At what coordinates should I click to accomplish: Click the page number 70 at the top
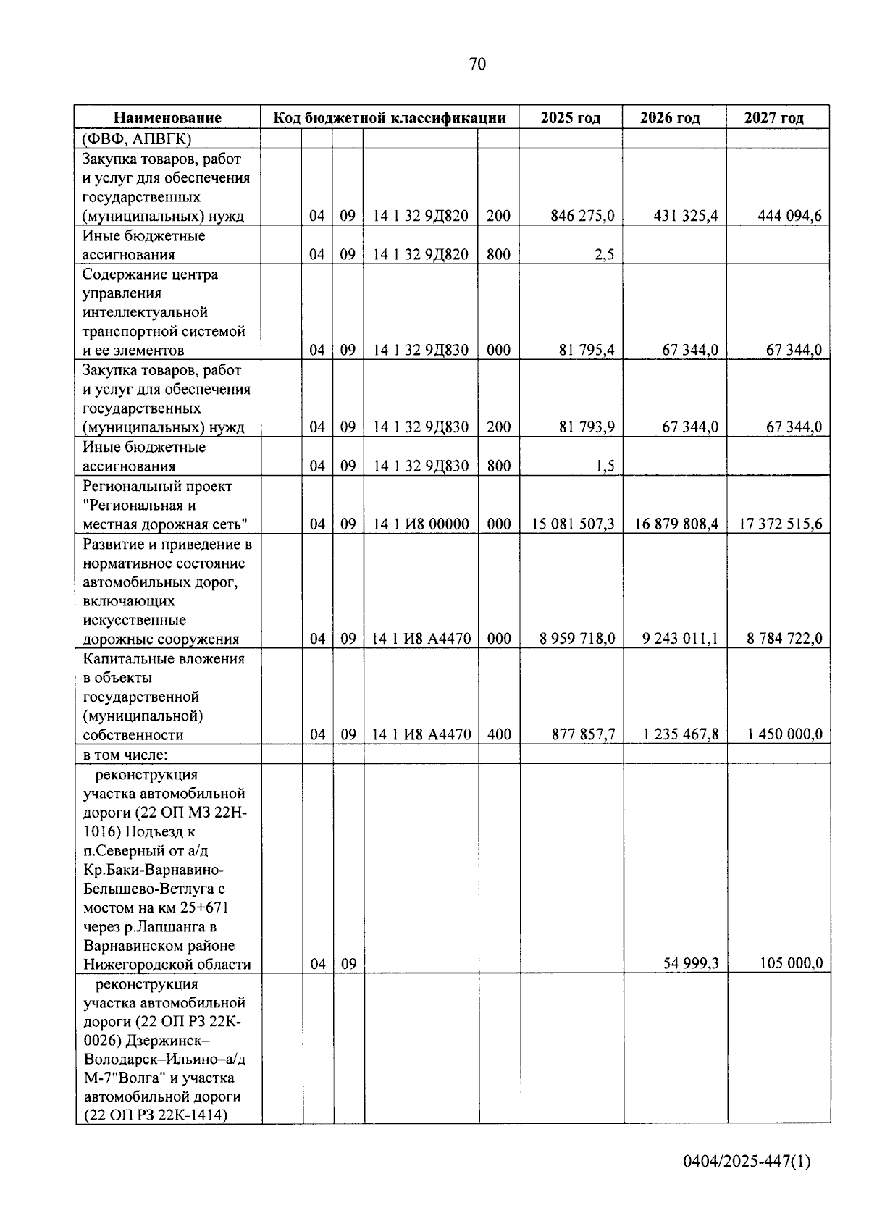pos(477,64)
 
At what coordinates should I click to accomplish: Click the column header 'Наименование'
pos(167,118)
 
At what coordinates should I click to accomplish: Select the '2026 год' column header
pos(670,118)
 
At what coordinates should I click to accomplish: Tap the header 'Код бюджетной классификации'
pos(389,118)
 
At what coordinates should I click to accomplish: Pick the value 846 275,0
pos(582,216)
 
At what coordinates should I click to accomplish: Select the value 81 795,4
pos(587,351)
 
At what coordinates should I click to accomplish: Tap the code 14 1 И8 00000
pos(420,524)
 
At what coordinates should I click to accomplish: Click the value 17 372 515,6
pos(780,524)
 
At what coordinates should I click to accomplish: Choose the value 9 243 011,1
pos(681,639)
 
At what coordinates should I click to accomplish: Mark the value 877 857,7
pos(583,734)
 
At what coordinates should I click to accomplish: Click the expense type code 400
pos(499,734)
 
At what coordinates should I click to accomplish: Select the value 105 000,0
pos(791,964)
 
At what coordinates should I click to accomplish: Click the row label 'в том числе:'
pos(125,755)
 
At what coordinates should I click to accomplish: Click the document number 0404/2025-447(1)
pos(747,1162)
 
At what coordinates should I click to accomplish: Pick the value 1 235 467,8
pos(681,734)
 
